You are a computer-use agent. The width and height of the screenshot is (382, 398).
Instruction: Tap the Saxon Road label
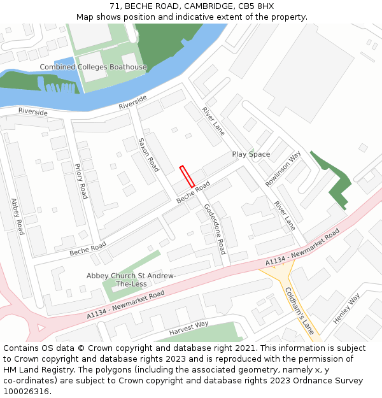point(148,155)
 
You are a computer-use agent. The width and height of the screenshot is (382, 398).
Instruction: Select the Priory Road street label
point(80,181)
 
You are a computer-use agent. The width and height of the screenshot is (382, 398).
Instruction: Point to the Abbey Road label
point(17,217)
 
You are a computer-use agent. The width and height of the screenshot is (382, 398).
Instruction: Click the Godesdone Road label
point(215,229)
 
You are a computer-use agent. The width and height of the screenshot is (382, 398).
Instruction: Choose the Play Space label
point(251,154)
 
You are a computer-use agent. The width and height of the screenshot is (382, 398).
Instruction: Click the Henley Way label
point(346,307)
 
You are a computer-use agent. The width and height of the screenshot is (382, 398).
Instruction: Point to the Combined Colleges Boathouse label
point(93,67)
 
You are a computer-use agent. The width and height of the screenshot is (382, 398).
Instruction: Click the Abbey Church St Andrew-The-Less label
point(131,279)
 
